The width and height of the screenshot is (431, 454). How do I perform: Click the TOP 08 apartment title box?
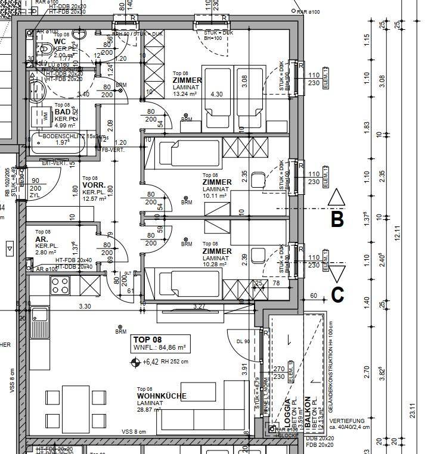click(x=159, y=343)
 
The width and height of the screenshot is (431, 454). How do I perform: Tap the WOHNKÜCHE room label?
click(x=162, y=396)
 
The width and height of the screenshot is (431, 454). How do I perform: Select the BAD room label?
click(x=62, y=111)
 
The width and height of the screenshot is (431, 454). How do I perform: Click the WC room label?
click(x=60, y=41)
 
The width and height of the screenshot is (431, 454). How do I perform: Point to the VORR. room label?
click(x=94, y=185)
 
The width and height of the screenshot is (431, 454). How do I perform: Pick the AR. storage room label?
click(x=41, y=239)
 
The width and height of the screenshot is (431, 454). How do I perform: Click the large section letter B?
click(x=337, y=219)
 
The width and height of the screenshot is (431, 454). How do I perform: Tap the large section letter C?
click(x=337, y=294)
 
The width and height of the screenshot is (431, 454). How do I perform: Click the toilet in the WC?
click(x=43, y=46)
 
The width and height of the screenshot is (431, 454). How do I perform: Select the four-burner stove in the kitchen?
click(x=60, y=286)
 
